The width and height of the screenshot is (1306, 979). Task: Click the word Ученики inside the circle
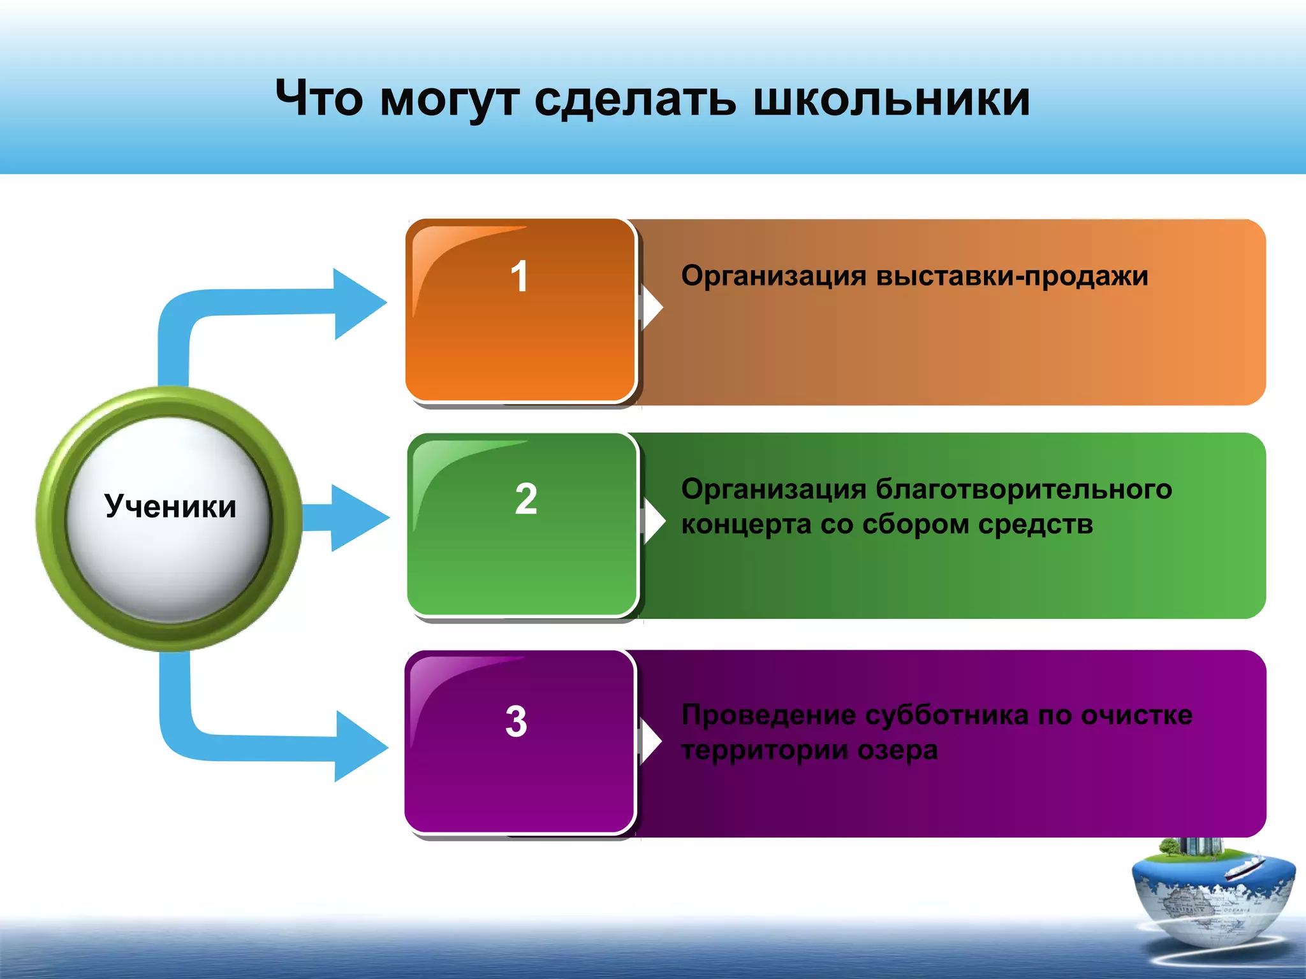click(x=170, y=507)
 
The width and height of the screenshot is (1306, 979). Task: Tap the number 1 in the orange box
click(x=520, y=277)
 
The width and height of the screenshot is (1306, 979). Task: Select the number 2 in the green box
click(x=526, y=498)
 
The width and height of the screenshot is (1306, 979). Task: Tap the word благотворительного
click(x=1023, y=489)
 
